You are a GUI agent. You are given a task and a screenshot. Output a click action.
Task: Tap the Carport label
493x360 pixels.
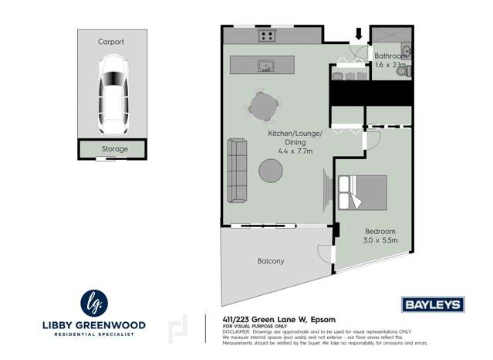[x=110, y=42]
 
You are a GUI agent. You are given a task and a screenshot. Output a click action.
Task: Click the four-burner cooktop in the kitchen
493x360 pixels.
[x=268, y=35]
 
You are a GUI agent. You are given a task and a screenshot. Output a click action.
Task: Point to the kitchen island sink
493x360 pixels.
[x=266, y=64]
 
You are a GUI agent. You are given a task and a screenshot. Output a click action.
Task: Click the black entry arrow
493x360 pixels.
[x=358, y=33]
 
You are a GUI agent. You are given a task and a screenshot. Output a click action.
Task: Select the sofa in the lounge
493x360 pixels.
[x=237, y=172]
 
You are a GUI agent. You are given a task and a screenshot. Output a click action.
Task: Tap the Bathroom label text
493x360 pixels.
[x=390, y=56]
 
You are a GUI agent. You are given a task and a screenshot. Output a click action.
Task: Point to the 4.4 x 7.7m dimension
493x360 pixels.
[x=287, y=151]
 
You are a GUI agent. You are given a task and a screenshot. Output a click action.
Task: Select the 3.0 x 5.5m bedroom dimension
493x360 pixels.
[x=380, y=240]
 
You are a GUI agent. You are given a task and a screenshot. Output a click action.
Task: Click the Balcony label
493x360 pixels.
[x=270, y=261]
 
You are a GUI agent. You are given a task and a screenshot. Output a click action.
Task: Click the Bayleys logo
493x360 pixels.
[x=432, y=304]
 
